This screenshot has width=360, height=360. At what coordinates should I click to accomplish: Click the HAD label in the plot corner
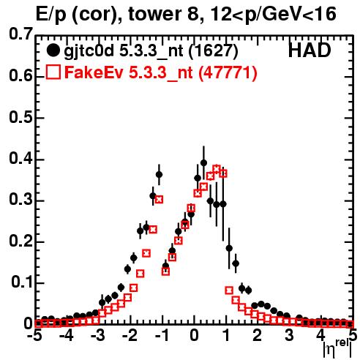(310, 50)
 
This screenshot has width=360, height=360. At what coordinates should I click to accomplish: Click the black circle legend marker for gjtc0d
(53, 50)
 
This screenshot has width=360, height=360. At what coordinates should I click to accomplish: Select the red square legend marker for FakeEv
(53, 72)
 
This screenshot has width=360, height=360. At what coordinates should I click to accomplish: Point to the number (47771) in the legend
(228, 72)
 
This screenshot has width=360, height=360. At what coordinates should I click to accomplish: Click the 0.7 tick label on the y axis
(20, 34)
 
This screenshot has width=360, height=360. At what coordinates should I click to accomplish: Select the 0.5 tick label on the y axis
(20, 117)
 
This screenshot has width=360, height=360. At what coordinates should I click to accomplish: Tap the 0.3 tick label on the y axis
(20, 200)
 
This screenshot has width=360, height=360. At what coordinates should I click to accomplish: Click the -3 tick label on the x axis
(98, 335)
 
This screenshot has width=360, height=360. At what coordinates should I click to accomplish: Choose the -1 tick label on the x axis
(162, 335)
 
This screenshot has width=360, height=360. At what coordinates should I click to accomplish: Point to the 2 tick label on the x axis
(258, 335)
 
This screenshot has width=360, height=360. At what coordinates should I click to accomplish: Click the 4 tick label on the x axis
(321, 335)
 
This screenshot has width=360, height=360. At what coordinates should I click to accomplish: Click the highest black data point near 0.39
(203, 162)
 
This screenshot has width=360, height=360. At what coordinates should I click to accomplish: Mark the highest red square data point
(217, 168)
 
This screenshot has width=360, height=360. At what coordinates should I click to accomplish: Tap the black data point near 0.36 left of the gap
(159, 175)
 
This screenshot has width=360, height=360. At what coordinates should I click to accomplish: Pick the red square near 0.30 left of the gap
(159, 200)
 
